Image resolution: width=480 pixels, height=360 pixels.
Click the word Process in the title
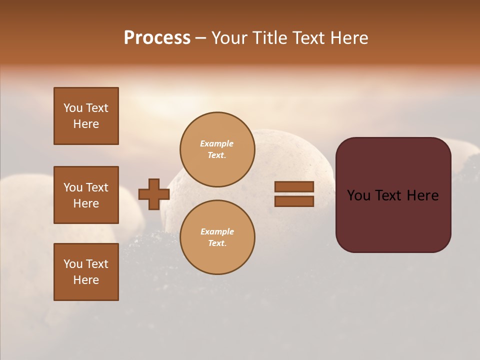pyautogui.click(x=157, y=38)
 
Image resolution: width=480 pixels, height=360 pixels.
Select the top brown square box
pyautogui.click(x=86, y=116)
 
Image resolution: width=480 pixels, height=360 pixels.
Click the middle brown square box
pyautogui.click(x=86, y=195)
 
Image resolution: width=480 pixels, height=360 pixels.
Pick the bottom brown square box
pyautogui.click(x=86, y=272)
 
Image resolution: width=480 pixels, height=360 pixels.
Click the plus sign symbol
pyautogui.click(x=153, y=194)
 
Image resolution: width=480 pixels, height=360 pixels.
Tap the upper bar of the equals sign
pyautogui.click(x=294, y=186)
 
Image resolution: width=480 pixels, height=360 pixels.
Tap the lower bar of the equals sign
pyautogui.click(x=294, y=201)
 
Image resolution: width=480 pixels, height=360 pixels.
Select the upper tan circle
pyautogui.click(x=217, y=149)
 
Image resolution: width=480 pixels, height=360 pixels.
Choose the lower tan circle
pyautogui.click(x=217, y=237)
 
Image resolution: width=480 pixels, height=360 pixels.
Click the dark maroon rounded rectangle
pyautogui.click(x=393, y=195)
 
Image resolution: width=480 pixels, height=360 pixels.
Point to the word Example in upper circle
pyautogui.click(x=216, y=143)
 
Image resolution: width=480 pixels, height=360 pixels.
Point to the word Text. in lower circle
pyautogui.click(x=217, y=243)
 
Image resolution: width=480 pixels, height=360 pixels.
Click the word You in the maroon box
pyautogui.click(x=358, y=195)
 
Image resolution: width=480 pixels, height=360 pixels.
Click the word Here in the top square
pyautogui.click(x=86, y=124)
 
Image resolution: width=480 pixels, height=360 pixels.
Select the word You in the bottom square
pyautogui.click(x=73, y=264)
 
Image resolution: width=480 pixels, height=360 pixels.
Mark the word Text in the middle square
pyautogui.click(x=96, y=187)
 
